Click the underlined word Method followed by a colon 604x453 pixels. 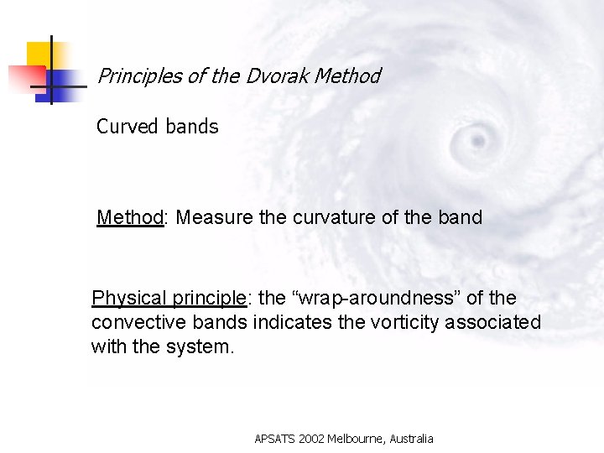coord(130,218)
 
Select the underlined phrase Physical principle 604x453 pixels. coord(169,299)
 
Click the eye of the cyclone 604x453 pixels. coord(479,138)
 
